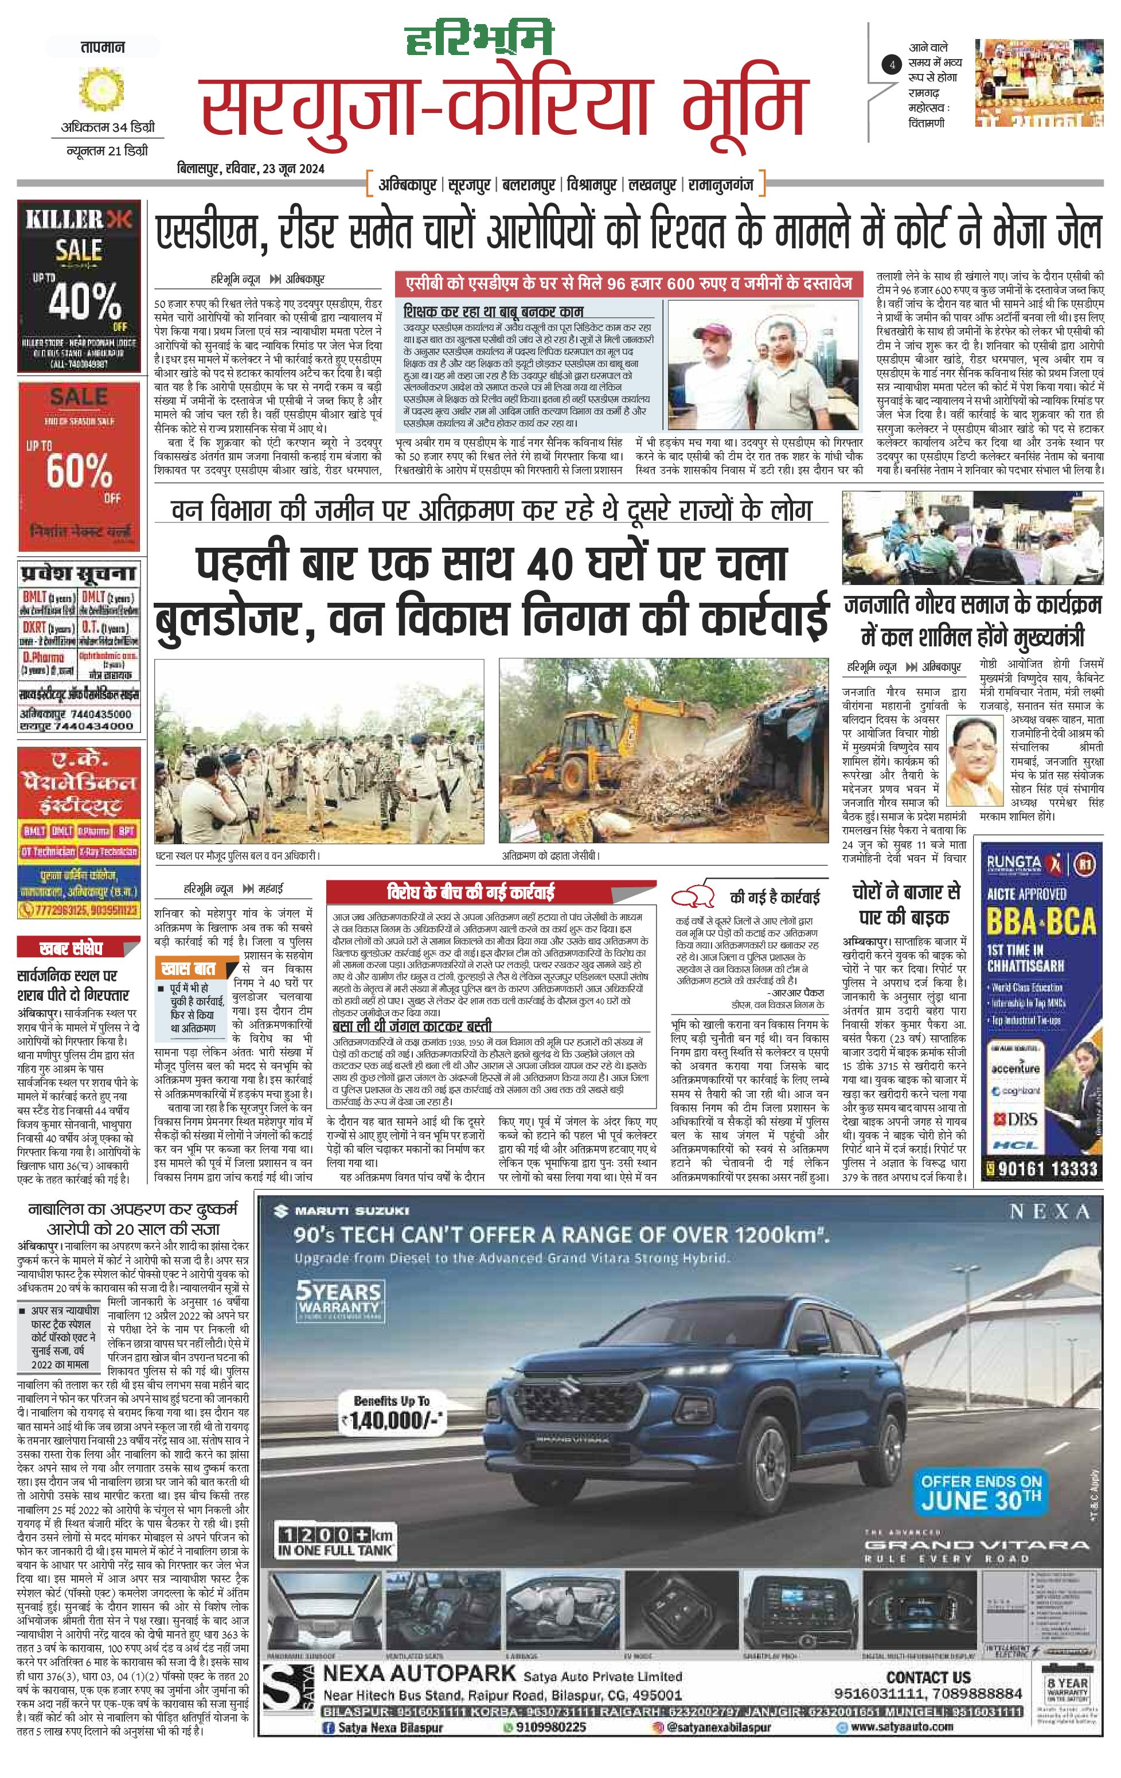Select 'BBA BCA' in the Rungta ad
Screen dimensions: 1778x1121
click(x=1041, y=922)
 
